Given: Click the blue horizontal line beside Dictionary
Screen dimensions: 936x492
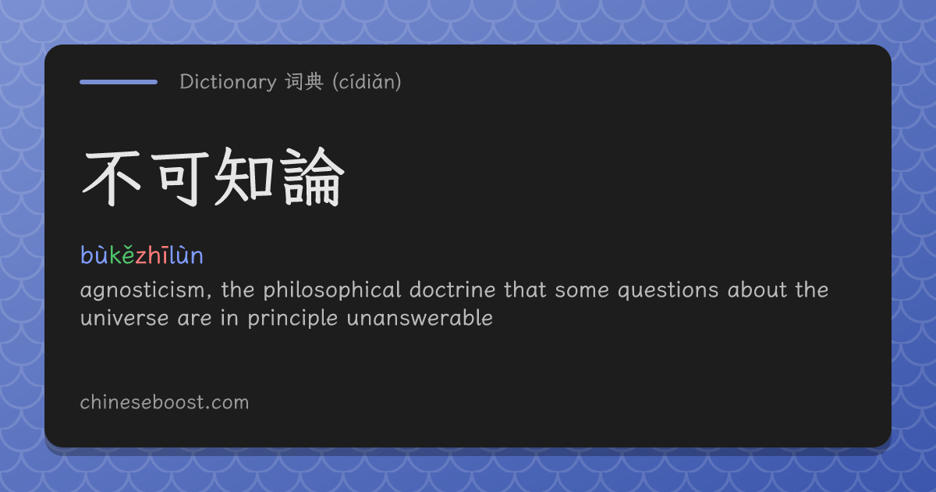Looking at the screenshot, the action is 119,82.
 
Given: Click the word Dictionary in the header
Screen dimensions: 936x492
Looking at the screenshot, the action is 228,81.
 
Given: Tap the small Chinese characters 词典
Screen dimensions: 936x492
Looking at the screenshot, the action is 305,81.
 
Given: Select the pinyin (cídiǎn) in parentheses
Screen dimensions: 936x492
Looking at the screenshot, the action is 367,81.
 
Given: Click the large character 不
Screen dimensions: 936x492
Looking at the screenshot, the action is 112,177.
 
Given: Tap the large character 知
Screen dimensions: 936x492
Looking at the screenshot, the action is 244,177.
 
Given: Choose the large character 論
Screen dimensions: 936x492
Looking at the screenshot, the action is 313,177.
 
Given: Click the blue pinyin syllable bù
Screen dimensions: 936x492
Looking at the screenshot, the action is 94,254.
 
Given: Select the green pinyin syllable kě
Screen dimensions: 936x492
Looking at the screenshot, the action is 122,254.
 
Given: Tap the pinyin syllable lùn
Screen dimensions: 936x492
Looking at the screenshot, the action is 186,254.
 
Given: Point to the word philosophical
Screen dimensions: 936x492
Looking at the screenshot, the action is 332,290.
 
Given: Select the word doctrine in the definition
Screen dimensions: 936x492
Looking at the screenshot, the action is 452,290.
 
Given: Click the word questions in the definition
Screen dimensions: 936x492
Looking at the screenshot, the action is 668,291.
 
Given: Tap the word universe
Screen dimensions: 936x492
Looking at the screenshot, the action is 125,319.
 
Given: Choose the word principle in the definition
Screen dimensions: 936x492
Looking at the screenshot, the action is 292,319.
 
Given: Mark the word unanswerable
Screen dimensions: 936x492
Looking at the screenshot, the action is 420,318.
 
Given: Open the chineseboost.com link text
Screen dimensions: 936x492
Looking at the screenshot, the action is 165,402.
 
